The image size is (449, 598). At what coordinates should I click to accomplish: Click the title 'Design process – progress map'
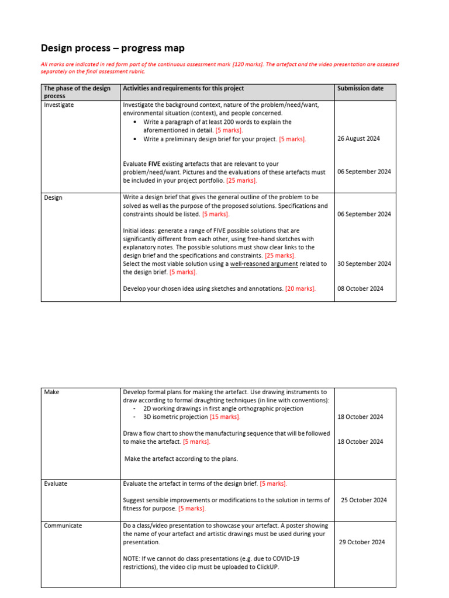click(112, 48)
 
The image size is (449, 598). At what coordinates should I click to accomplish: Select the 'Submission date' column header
click(361, 88)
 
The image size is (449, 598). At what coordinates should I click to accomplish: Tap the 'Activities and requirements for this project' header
click(183, 88)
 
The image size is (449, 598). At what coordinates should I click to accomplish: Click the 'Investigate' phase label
click(59, 105)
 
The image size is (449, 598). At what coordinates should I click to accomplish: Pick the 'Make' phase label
click(51, 392)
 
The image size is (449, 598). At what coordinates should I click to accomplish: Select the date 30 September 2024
click(364, 264)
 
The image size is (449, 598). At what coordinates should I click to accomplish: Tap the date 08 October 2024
click(361, 288)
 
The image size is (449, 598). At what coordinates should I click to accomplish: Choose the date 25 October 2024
click(364, 500)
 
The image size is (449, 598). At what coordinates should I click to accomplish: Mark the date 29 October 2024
click(362, 542)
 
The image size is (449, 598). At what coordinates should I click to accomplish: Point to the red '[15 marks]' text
click(225, 417)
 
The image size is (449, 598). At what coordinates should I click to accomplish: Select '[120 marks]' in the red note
click(247, 64)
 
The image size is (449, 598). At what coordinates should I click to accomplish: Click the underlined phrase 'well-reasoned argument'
click(264, 264)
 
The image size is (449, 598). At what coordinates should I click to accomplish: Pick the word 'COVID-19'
click(287, 558)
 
